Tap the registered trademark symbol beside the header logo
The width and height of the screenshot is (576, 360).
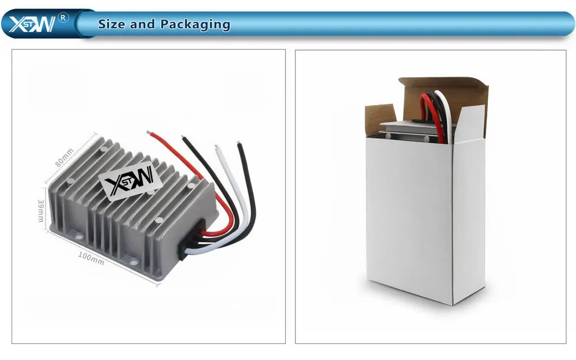[x=63, y=17]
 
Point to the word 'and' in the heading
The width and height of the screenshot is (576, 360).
[x=142, y=24]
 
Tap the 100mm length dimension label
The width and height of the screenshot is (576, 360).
[x=90, y=259]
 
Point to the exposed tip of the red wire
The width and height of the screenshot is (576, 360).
[x=150, y=133]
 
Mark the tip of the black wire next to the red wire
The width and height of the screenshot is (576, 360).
[x=184, y=138]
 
